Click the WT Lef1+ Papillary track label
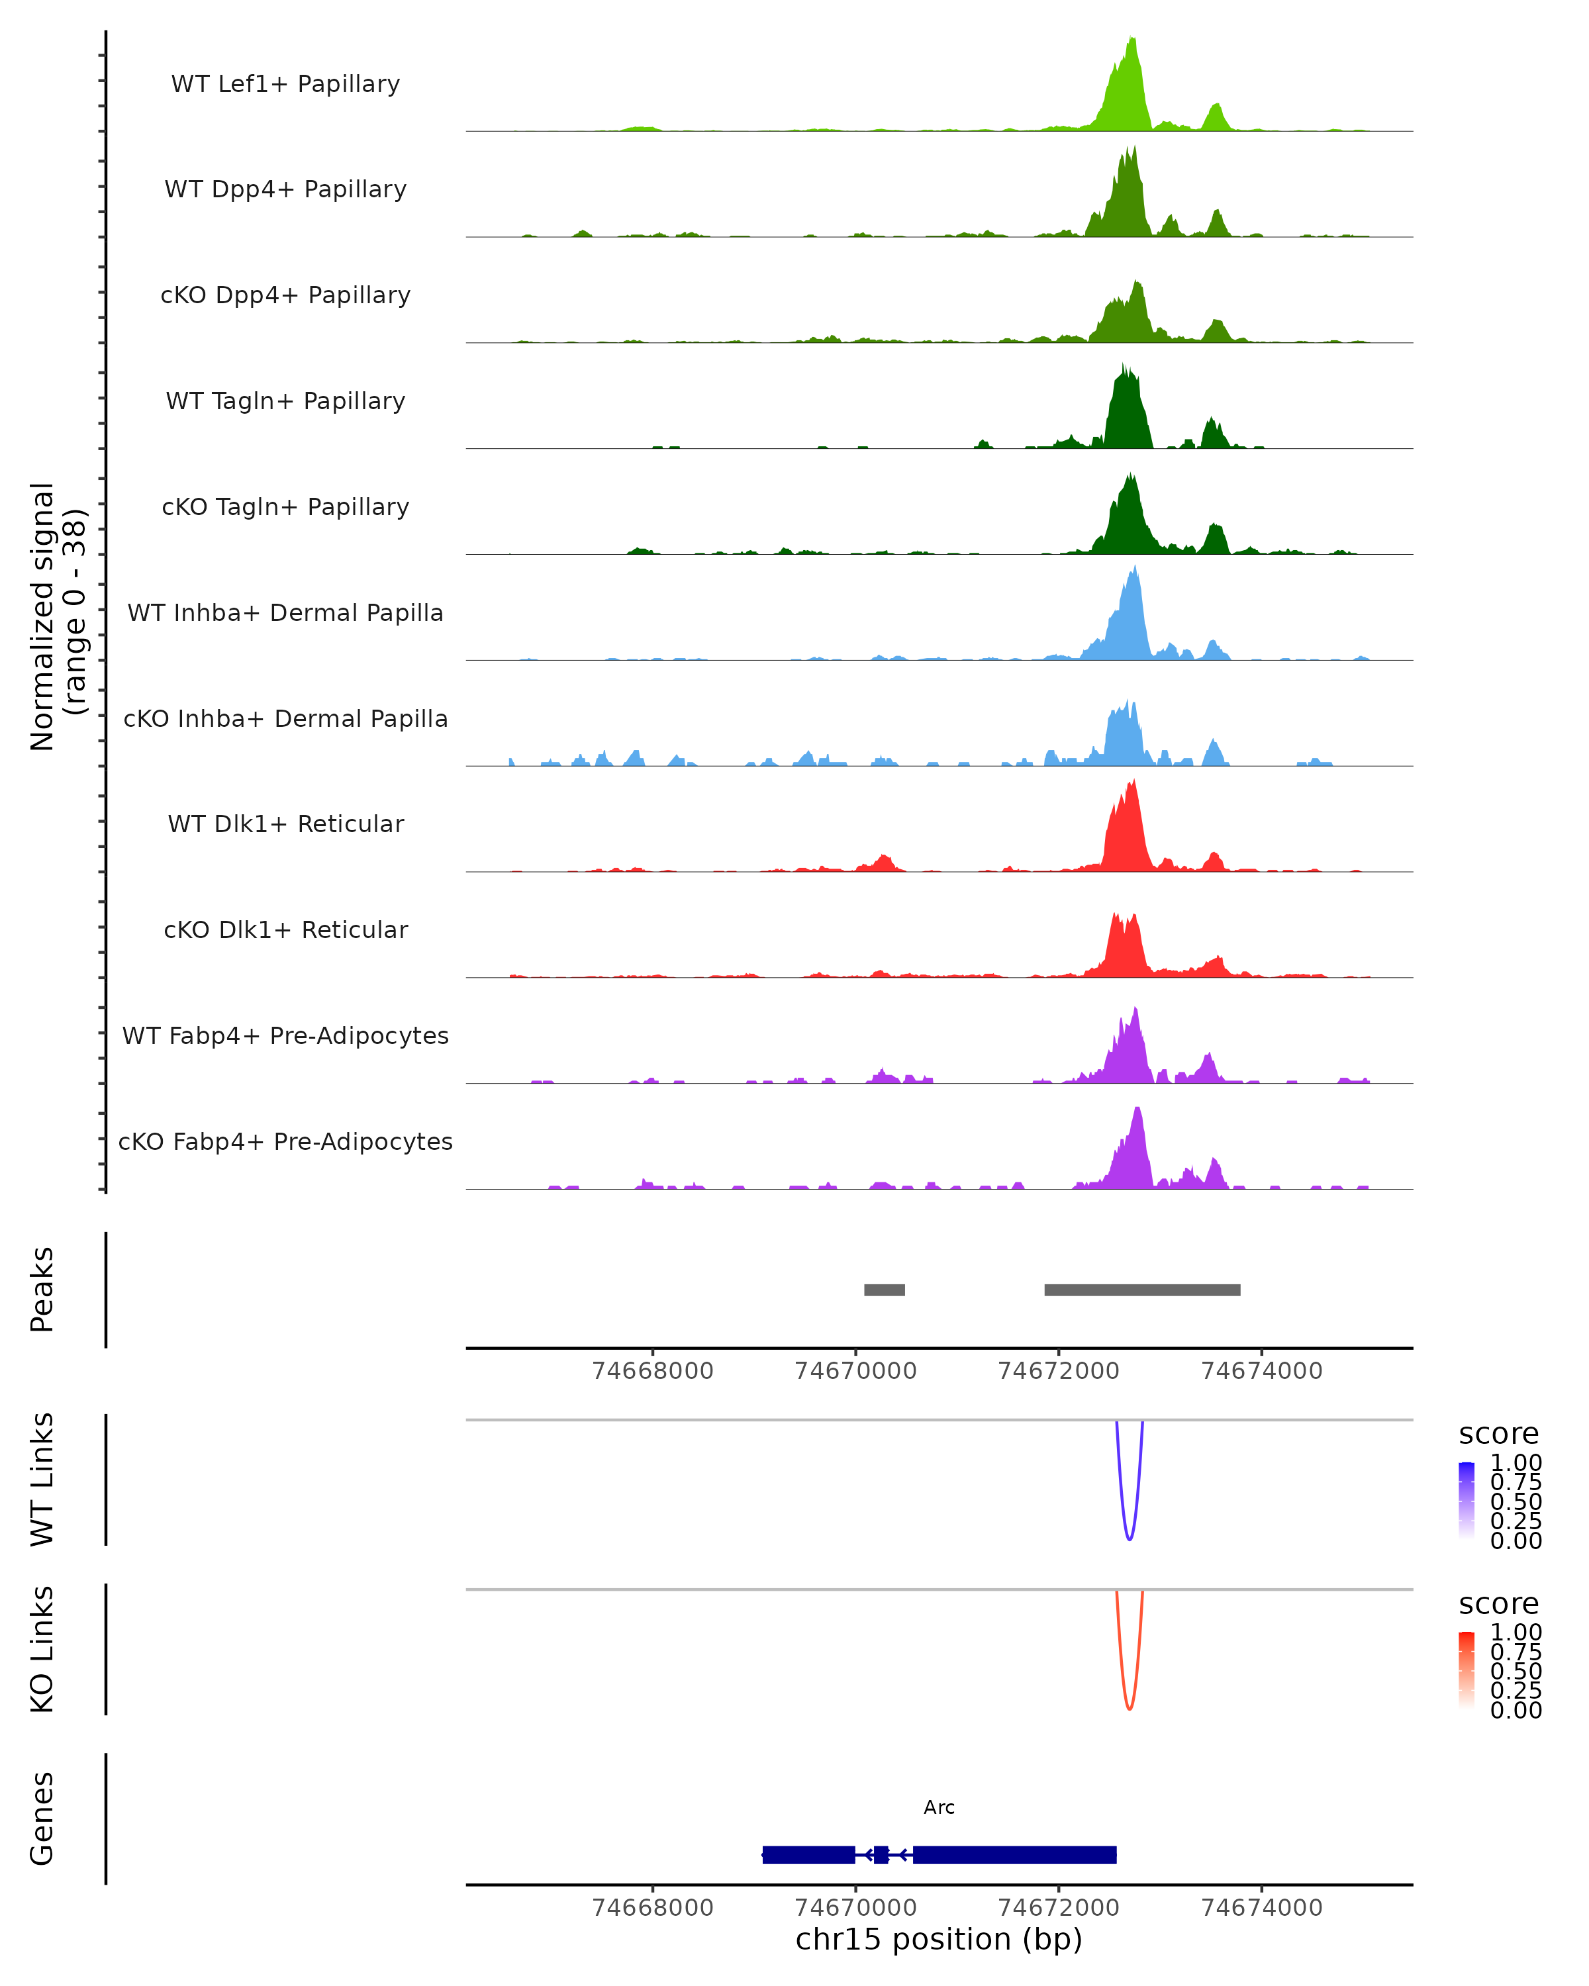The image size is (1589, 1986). coord(285,84)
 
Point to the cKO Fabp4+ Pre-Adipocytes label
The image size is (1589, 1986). coord(285,1141)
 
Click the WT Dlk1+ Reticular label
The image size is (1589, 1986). coord(285,824)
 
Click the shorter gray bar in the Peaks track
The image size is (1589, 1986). coord(885,1290)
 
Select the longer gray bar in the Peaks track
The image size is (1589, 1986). coord(1142,1290)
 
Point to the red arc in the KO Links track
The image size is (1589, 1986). coord(1130,1708)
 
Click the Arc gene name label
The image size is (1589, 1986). coord(939,1807)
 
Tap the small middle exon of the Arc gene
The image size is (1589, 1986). coord(881,1854)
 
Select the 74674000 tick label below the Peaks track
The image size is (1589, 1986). coord(1261,1371)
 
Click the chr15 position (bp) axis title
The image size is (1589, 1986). coord(939,1939)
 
